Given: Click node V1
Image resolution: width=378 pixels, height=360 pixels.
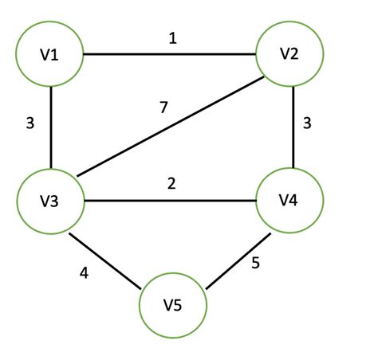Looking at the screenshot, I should (50, 54).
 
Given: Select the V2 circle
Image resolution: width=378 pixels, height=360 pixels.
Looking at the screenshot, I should (289, 54).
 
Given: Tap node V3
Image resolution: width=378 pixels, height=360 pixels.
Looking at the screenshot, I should (50, 200).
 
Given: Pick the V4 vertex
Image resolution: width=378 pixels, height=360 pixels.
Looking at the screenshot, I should (289, 200).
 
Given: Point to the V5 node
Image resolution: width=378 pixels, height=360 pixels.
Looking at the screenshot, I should (173, 305).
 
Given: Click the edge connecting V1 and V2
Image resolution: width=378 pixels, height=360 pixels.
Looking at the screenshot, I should (170, 54).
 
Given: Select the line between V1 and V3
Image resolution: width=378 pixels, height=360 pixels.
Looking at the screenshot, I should (50, 127).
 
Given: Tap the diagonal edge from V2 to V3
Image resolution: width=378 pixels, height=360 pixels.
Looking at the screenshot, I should (167, 128).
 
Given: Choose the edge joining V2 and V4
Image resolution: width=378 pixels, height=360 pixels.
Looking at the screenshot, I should (294, 127).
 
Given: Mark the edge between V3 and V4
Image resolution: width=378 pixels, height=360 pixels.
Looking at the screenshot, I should (170, 200).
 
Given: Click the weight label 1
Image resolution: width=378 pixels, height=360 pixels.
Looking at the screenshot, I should (171, 37).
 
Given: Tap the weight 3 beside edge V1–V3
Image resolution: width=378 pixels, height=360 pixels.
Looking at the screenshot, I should (30, 123).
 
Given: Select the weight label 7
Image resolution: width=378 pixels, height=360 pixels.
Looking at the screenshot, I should (163, 107).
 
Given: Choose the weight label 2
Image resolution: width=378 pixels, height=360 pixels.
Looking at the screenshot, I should (171, 183).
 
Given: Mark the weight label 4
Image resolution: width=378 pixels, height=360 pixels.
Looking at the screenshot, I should (83, 273).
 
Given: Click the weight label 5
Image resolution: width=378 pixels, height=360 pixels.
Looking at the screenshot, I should (255, 264).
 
